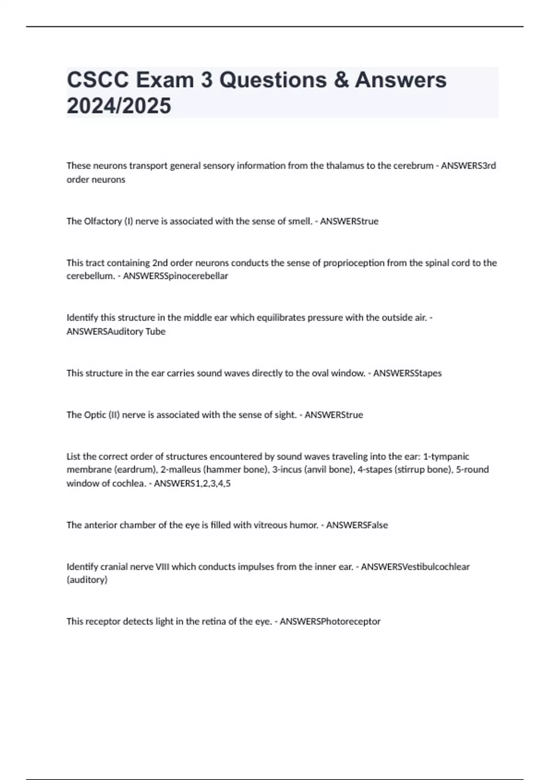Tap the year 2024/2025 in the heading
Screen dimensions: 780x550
[119, 106]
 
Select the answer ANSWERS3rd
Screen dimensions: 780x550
[468, 166]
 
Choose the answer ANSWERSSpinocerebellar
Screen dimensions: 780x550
[175, 276]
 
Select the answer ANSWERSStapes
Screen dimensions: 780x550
[407, 373]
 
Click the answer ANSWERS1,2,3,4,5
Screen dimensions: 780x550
[192, 483]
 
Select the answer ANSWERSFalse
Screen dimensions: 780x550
[357, 525]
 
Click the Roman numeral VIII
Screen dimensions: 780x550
[162, 567]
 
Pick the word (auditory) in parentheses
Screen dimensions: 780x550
[87, 580]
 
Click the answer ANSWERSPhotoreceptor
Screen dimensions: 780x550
[330, 622]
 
